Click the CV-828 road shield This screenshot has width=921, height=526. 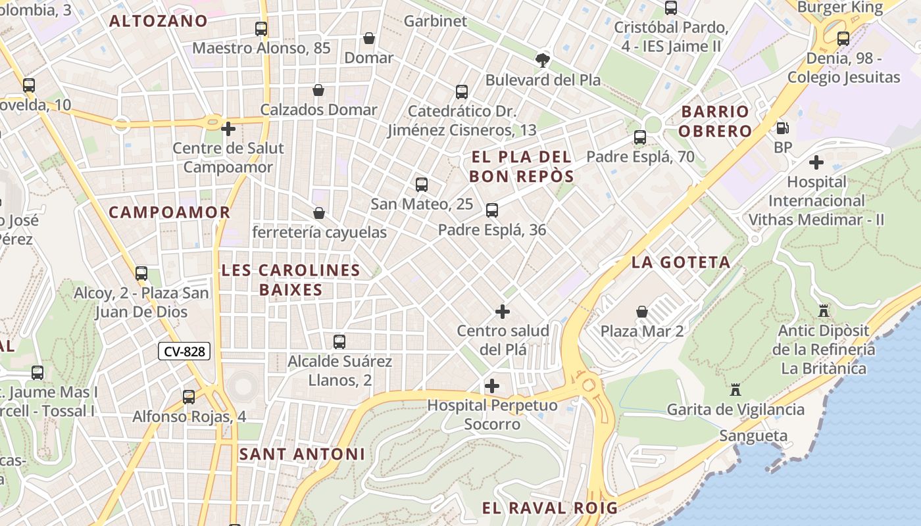(x=184, y=352)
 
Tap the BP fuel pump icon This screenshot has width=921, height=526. (x=782, y=128)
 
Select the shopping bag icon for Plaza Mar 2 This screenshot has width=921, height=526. (x=641, y=312)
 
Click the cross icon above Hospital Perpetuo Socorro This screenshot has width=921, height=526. (x=491, y=386)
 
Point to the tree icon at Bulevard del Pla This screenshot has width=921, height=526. (x=543, y=60)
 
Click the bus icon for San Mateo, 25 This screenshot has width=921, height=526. (x=422, y=185)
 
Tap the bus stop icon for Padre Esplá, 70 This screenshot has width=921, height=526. (x=640, y=137)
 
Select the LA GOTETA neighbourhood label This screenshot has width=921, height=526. (x=681, y=262)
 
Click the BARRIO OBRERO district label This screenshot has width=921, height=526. (x=715, y=121)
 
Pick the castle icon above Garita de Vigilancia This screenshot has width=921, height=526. (x=735, y=390)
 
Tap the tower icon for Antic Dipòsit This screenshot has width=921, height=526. (x=823, y=311)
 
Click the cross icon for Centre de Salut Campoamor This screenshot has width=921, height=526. (x=228, y=129)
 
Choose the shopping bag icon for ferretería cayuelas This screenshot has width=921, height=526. (x=319, y=213)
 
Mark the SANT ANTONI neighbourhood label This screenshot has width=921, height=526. (x=302, y=454)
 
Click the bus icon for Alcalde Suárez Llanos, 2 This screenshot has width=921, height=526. (x=339, y=342)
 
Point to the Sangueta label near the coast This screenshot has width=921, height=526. (x=753, y=436)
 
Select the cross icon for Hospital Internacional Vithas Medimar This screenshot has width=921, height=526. (x=816, y=162)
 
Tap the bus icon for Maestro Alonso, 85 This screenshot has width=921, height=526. (x=261, y=29)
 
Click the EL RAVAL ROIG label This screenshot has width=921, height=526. (x=550, y=508)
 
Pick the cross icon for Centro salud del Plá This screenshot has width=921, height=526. (x=503, y=312)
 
